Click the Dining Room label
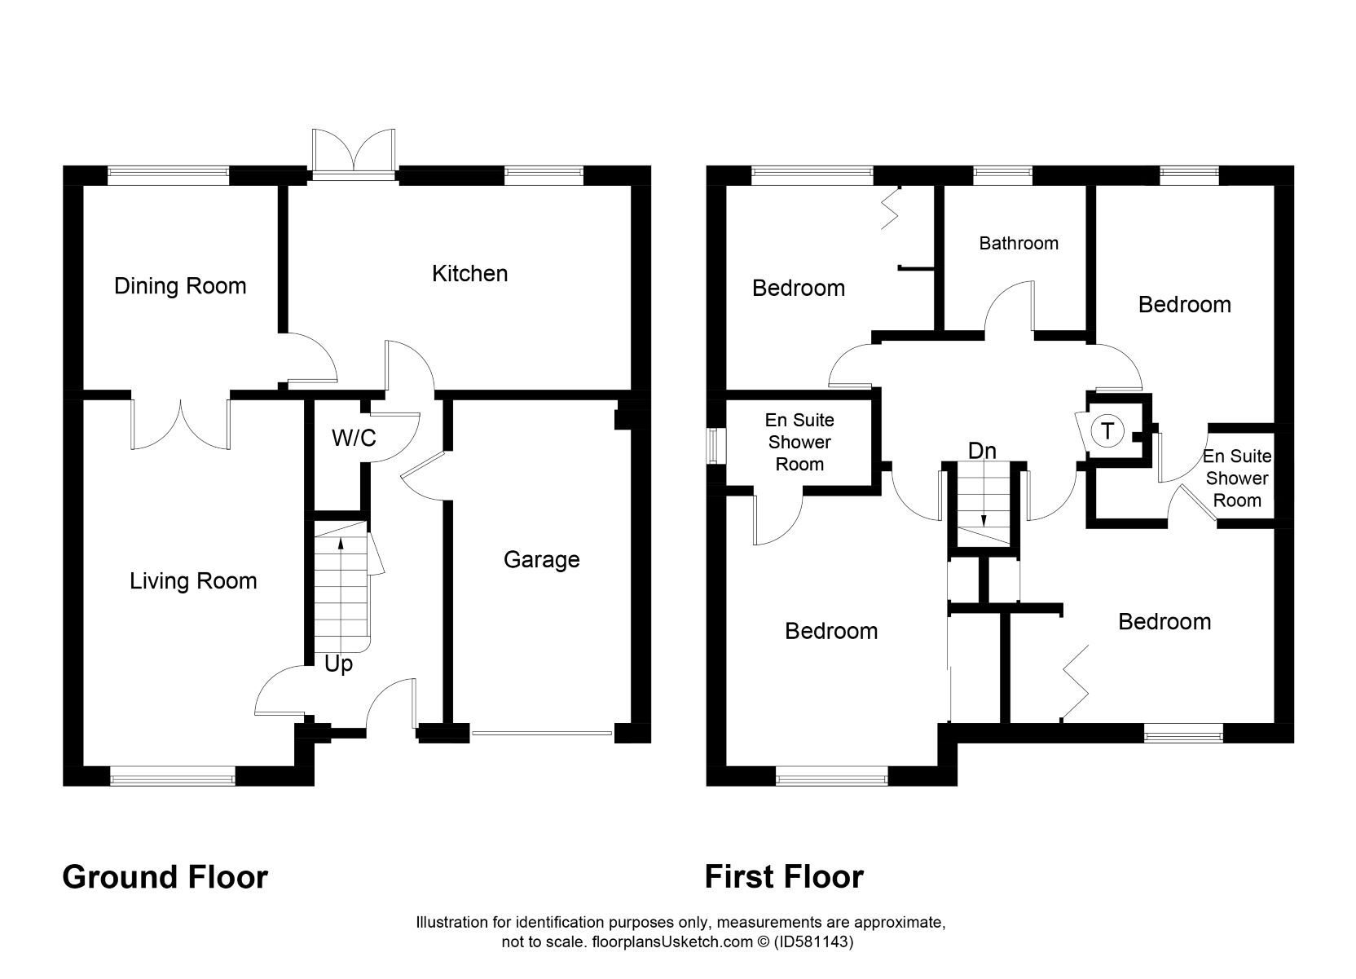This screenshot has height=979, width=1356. (180, 286)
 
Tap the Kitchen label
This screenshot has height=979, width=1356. (469, 273)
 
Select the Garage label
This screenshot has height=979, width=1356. (541, 559)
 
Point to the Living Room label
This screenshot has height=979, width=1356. (193, 580)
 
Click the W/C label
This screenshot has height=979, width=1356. (354, 439)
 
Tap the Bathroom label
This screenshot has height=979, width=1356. (1019, 243)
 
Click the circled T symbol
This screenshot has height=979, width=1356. (1107, 430)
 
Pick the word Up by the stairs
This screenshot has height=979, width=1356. (338, 664)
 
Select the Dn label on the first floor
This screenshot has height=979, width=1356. (982, 451)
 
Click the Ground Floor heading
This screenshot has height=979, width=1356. (165, 877)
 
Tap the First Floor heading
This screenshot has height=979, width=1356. (784, 877)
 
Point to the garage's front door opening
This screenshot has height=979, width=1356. (542, 733)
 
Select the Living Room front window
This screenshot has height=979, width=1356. (172, 776)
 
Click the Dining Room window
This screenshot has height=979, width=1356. (168, 172)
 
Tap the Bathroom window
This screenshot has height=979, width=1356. (1003, 172)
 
